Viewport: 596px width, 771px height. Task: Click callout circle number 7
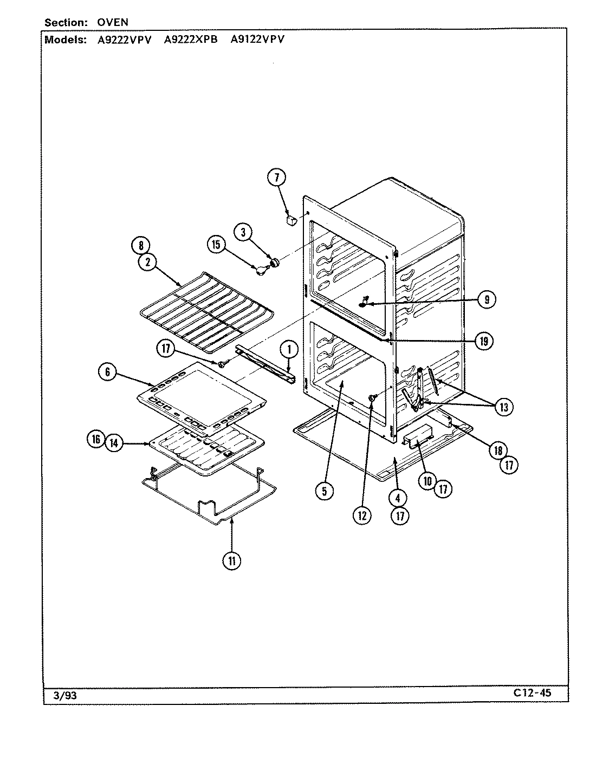(x=276, y=177)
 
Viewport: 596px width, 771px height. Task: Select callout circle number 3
(x=243, y=232)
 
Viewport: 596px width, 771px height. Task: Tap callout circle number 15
(x=216, y=245)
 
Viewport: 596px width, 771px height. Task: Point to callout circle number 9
(x=487, y=299)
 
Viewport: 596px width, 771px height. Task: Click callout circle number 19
(x=483, y=341)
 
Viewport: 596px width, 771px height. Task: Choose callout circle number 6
(x=108, y=371)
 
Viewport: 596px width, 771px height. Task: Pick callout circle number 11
(x=231, y=561)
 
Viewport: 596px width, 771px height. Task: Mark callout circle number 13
(x=504, y=407)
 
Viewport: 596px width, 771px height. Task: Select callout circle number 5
(x=325, y=491)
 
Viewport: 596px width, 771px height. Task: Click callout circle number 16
(x=96, y=440)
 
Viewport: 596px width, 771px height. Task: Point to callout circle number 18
(x=497, y=449)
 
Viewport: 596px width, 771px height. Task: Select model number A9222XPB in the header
(x=190, y=39)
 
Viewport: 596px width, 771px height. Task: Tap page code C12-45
(x=532, y=692)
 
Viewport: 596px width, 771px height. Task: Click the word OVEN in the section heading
(x=113, y=23)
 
